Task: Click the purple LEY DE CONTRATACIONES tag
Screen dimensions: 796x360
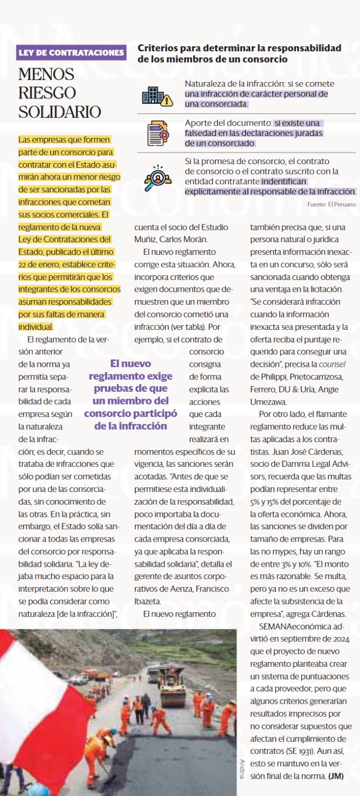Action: (72, 52)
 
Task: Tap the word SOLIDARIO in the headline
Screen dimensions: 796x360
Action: (59, 112)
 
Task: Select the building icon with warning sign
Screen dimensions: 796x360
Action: (157, 96)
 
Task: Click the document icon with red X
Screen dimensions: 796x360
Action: (157, 133)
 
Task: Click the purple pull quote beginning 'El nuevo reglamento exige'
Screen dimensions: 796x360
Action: (130, 394)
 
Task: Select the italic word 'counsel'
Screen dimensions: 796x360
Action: (333, 364)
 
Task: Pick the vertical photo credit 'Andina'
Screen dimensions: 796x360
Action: (242, 769)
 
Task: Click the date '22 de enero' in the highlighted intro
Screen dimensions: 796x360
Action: (38, 264)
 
